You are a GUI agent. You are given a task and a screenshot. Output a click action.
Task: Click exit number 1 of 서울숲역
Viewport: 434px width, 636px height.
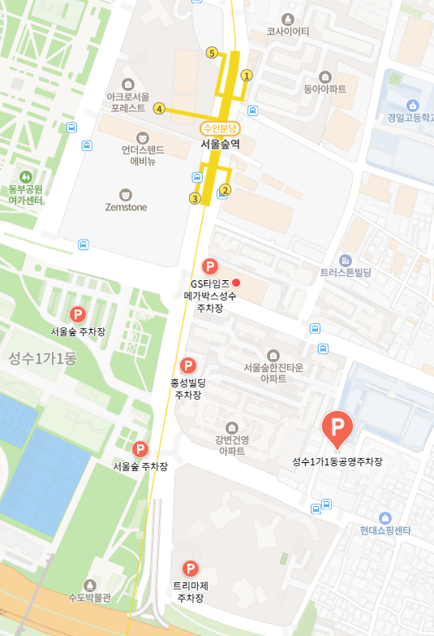coord(247,75)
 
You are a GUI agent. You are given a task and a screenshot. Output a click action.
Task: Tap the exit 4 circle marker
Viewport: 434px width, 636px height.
coord(160,109)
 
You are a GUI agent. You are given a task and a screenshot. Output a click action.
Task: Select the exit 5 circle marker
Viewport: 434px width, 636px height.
coord(212,54)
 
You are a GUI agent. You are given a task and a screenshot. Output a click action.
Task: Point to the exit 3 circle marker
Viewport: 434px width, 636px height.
coord(195,198)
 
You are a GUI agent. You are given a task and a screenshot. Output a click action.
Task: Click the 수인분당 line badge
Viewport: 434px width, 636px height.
coord(221,128)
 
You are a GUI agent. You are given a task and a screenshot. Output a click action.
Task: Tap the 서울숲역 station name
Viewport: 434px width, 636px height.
coord(221,144)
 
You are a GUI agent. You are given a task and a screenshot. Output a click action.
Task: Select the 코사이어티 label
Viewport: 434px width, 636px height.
coord(288,32)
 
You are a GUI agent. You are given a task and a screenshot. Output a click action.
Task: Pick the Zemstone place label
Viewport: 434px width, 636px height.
coord(127,207)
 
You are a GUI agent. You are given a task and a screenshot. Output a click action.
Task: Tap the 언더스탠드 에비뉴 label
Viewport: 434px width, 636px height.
coord(143,155)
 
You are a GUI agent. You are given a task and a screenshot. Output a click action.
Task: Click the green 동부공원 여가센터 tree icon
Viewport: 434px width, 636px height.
coord(26,175)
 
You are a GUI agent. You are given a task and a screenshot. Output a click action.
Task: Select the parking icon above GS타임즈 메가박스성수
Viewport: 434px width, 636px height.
coord(209,266)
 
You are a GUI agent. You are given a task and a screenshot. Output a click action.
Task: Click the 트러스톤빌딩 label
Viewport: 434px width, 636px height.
coord(346,273)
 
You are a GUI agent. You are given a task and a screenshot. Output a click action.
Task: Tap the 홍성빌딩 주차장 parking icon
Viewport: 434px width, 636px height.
coord(188,366)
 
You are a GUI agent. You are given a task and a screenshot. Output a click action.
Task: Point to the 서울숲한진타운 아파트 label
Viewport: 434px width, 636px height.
coord(274,373)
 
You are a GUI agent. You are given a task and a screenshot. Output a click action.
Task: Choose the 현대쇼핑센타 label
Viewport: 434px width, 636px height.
coord(386,530)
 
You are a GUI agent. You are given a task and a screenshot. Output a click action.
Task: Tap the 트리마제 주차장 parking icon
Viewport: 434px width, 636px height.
coord(191,569)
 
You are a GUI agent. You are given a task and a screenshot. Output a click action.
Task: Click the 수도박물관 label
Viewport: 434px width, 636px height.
coord(89,598)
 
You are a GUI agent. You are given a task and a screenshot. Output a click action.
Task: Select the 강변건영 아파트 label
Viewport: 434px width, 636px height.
coord(230,445)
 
